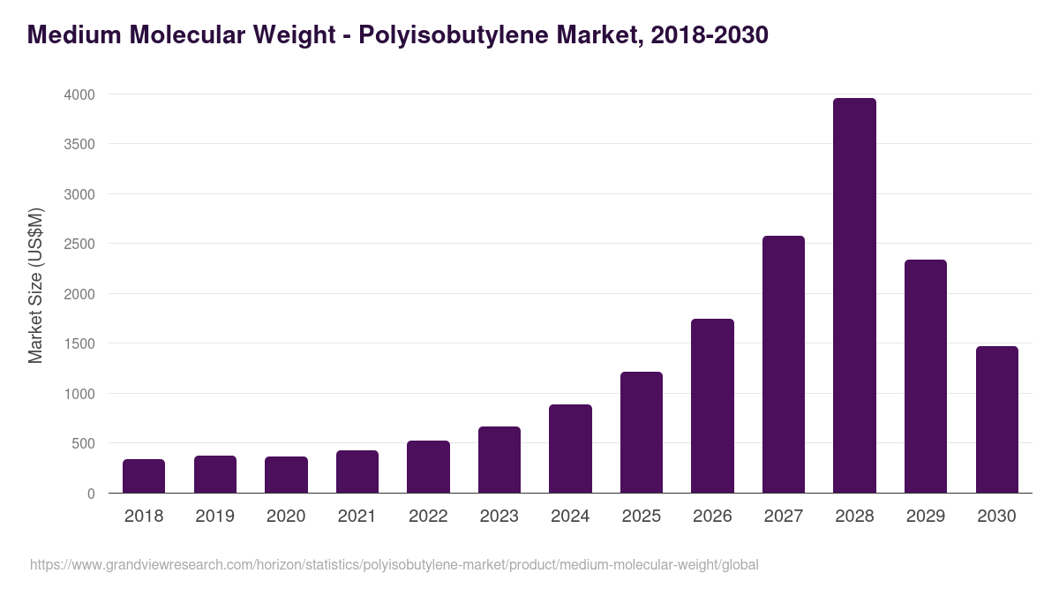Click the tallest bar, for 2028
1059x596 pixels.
click(854, 296)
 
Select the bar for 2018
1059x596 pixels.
click(144, 476)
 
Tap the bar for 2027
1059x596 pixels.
click(784, 365)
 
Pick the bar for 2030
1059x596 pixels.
click(996, 419)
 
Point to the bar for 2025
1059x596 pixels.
click(642, 433)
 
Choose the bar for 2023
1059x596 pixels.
click(499, 460)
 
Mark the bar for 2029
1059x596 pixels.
click(926, 376)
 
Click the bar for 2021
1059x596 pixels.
click(357, 472)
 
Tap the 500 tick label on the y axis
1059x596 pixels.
click(84, 443)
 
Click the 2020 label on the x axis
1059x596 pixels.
click(286, 517)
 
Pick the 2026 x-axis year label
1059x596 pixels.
click(712, 517)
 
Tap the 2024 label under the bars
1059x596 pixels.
click(570, 517)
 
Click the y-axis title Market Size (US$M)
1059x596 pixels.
click(35, 285)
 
